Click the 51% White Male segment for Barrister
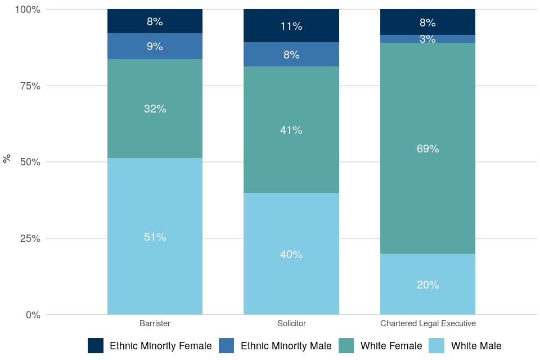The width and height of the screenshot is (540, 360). pos(155,236)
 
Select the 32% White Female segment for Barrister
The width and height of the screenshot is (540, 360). pos(155,109)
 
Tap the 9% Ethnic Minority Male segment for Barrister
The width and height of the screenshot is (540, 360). pos(155,46)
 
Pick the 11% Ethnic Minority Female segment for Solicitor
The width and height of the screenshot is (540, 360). pos(291,26)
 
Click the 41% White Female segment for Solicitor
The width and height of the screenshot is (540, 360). pos(291,130)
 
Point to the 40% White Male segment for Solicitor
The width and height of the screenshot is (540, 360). pos(291,254)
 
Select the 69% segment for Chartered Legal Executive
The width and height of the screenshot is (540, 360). pos(427,148)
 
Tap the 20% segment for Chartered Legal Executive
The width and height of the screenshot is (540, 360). pos(427,284)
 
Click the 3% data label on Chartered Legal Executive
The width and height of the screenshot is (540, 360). pos(427,39)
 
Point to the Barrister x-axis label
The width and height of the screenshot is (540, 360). pos(155,323)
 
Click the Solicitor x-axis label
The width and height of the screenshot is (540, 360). pos(291,323)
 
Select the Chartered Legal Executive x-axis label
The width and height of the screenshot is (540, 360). pos(427,323)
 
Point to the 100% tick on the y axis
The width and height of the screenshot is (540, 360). pos(26,10)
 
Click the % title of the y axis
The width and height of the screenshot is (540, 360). pos(7,159)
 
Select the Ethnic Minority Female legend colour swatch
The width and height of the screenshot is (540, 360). pos(96,346)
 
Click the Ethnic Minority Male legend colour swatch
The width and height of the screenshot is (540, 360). pos(226,346)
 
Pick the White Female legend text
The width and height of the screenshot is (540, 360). pos(391,346)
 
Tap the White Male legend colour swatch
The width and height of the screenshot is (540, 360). pos(436,346)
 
